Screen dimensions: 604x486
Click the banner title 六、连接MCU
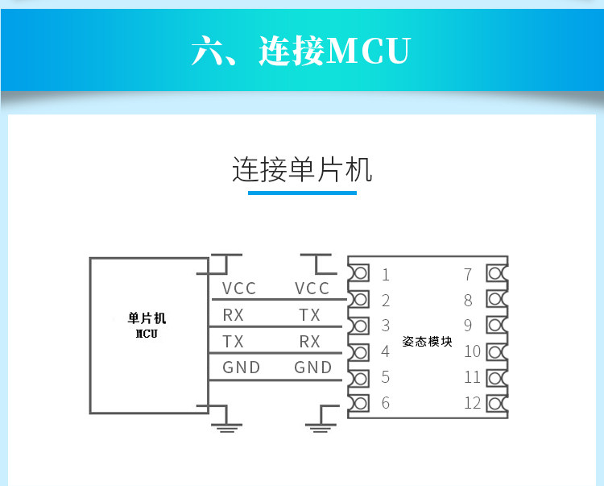(x=301, y=51)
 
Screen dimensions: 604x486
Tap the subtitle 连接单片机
(x=302, y=169)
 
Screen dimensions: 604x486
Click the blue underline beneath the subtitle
(x=302, y=193)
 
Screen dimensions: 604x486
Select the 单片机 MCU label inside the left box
(x=147, y=326)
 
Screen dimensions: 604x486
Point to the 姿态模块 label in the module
(x=427, y=342)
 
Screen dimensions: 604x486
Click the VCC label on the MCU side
(x=239, y=289)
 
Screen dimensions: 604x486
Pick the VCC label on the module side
(x=312, y=289)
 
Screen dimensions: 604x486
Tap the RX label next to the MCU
(x=233, y=315)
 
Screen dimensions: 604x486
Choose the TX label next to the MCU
(x=233, y=342)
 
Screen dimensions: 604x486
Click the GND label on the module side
(x=312, y=368)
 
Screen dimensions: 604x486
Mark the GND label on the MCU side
(x=241, y=368)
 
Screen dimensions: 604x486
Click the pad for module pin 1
(x=359, y=273)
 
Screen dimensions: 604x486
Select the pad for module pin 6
(x=359, y=404)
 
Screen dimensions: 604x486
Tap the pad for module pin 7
(x=497, y=274)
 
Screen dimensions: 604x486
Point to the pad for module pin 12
(x=497, y=404)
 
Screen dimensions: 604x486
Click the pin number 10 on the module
(x=472, y=351)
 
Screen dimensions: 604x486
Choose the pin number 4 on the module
(x=386, y=351)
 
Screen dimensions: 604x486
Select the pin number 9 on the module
(x=468, y=326)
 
